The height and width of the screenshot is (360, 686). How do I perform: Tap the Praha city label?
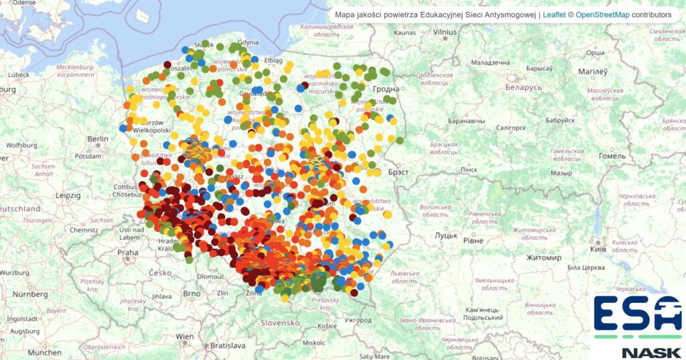point(127,253)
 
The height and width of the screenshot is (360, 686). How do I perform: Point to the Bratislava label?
point(226,346)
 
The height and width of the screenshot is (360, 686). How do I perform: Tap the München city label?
point(44,352)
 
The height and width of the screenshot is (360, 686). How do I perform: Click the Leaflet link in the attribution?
point(553,14)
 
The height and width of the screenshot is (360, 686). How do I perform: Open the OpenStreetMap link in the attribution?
point(602,14)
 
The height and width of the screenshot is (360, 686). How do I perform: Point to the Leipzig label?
point(68,196)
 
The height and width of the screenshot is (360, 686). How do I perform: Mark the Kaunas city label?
point(405,32)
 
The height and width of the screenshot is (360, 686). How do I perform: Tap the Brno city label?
point(192,293)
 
